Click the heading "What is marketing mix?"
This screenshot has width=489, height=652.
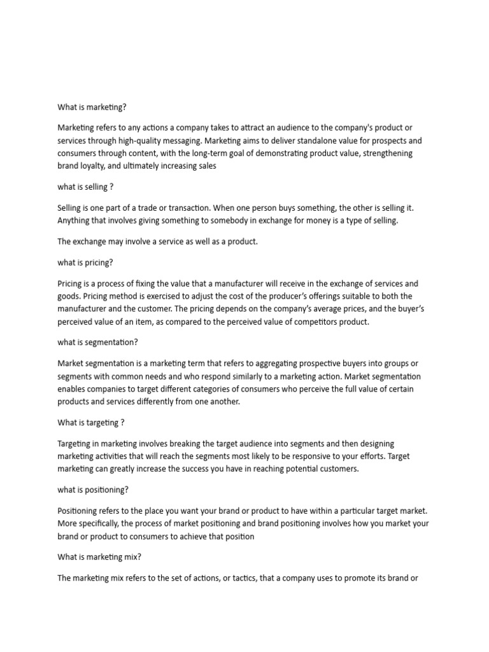click(x=99, y=556)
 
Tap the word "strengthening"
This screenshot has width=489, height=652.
click(x=383, y=153)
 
